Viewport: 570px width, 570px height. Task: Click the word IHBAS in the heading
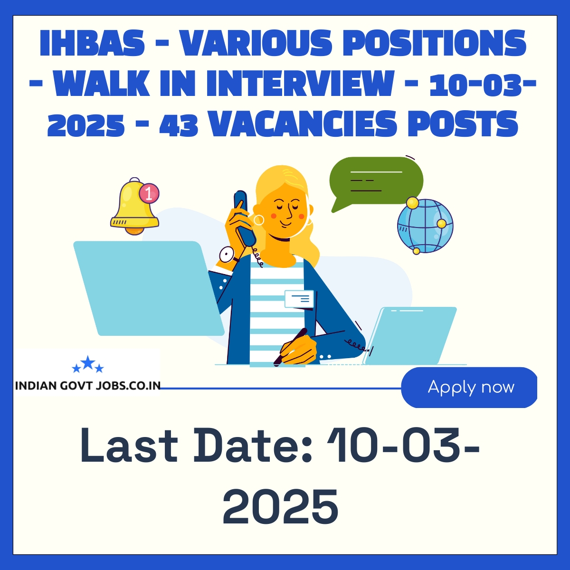click(x=92, y=43)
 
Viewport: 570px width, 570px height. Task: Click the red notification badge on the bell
click(x=149, y=194)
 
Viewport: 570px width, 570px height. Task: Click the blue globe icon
click(x=425, y=226)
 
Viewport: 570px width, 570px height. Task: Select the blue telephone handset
click(x=244, y=218)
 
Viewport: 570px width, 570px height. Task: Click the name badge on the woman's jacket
click(x=299, y=299)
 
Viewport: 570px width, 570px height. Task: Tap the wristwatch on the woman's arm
click(x=228, y=255)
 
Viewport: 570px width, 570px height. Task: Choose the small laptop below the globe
click(x=409, y=336)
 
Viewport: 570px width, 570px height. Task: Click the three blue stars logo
click(x=88, y=364)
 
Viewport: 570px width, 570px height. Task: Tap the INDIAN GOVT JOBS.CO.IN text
click(x=88, y=386)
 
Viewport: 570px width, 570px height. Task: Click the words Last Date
click(x=174, y=445)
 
